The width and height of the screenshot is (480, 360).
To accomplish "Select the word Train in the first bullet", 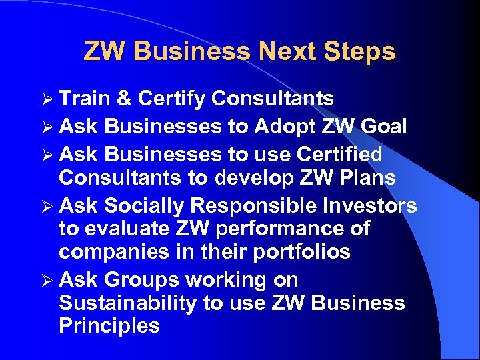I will [85, 99].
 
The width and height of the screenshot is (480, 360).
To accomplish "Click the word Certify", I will [171, 99].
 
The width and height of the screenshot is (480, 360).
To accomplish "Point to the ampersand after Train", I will [123, 99].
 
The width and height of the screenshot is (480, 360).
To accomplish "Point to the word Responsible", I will [257, 205].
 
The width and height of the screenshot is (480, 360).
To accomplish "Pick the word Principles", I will [109, 326].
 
